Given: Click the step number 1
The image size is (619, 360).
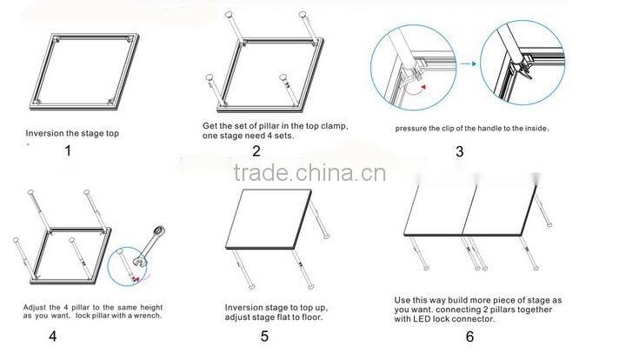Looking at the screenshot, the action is point(68,150).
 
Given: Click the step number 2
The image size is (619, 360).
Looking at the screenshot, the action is point(256,150).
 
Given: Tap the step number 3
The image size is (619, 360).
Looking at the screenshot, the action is point(460,151).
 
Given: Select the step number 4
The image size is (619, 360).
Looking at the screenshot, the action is point(53,336).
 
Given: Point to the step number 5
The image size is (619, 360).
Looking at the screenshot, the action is point(264,336).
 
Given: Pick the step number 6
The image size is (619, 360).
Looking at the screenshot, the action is point(469,337).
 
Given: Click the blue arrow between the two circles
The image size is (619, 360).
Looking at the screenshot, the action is point(469,63).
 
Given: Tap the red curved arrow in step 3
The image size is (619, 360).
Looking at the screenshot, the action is point(417,91).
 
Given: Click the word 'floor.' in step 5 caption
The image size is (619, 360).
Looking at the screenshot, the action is point(312,317).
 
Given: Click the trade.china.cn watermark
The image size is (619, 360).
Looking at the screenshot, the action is point(309,173).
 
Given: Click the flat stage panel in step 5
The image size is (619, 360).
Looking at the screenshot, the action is point(269,219).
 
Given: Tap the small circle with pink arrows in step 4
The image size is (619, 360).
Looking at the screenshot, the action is point(127,266).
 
